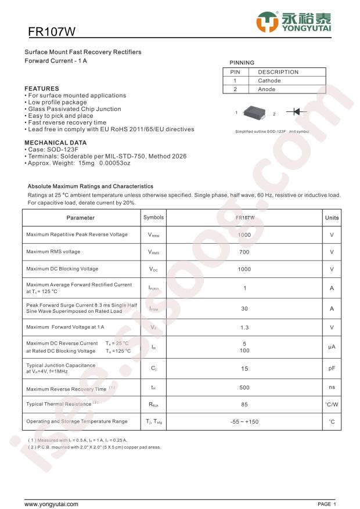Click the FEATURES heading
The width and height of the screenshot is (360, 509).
42,89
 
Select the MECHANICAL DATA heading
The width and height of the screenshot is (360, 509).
55,142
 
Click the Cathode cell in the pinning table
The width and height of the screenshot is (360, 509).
269,81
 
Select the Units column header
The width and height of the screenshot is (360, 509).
332,218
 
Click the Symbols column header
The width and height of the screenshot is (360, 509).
153,218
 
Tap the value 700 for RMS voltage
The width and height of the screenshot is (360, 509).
244,252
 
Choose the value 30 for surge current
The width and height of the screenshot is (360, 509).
244,309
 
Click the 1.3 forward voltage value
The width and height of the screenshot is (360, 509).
244,327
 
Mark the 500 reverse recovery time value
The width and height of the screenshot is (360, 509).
244,388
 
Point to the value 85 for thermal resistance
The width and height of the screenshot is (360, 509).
244,404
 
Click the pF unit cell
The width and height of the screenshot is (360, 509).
332,368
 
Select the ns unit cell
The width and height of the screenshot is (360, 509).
332,388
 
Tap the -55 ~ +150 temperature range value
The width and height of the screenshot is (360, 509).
244,421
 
